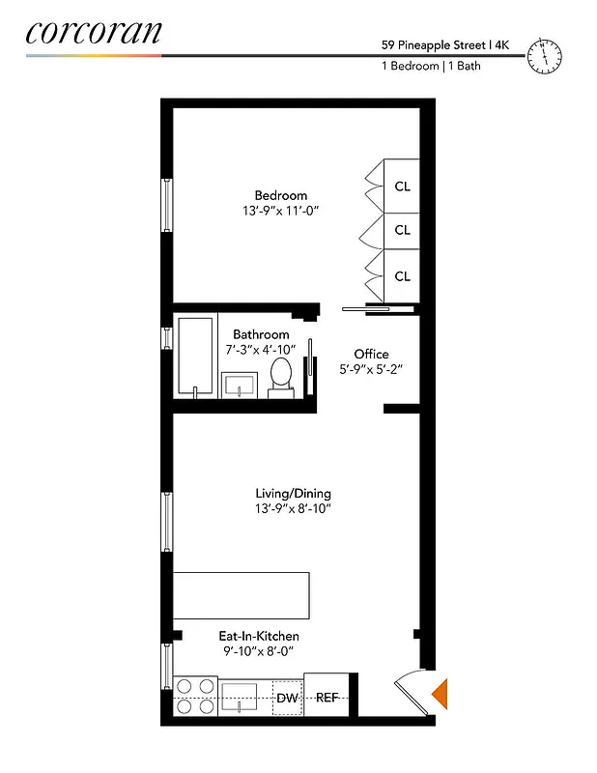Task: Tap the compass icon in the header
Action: click(545, 56)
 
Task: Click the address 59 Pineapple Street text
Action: click(434, 43)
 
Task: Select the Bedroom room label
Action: click(281, 194)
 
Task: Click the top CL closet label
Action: click(402, 186)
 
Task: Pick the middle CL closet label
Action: click(402, 230)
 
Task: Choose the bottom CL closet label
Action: click(402, 276)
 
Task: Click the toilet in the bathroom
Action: click(282, 375)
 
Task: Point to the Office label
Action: click(371, 354)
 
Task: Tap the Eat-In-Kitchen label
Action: click(257, 636)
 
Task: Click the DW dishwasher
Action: click(287, 698)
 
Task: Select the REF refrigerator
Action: click(326, 698)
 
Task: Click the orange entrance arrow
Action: click(440, 693)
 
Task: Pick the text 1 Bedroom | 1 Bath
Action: click(432, 67)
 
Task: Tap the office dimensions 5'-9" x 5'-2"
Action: click(371, 369)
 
